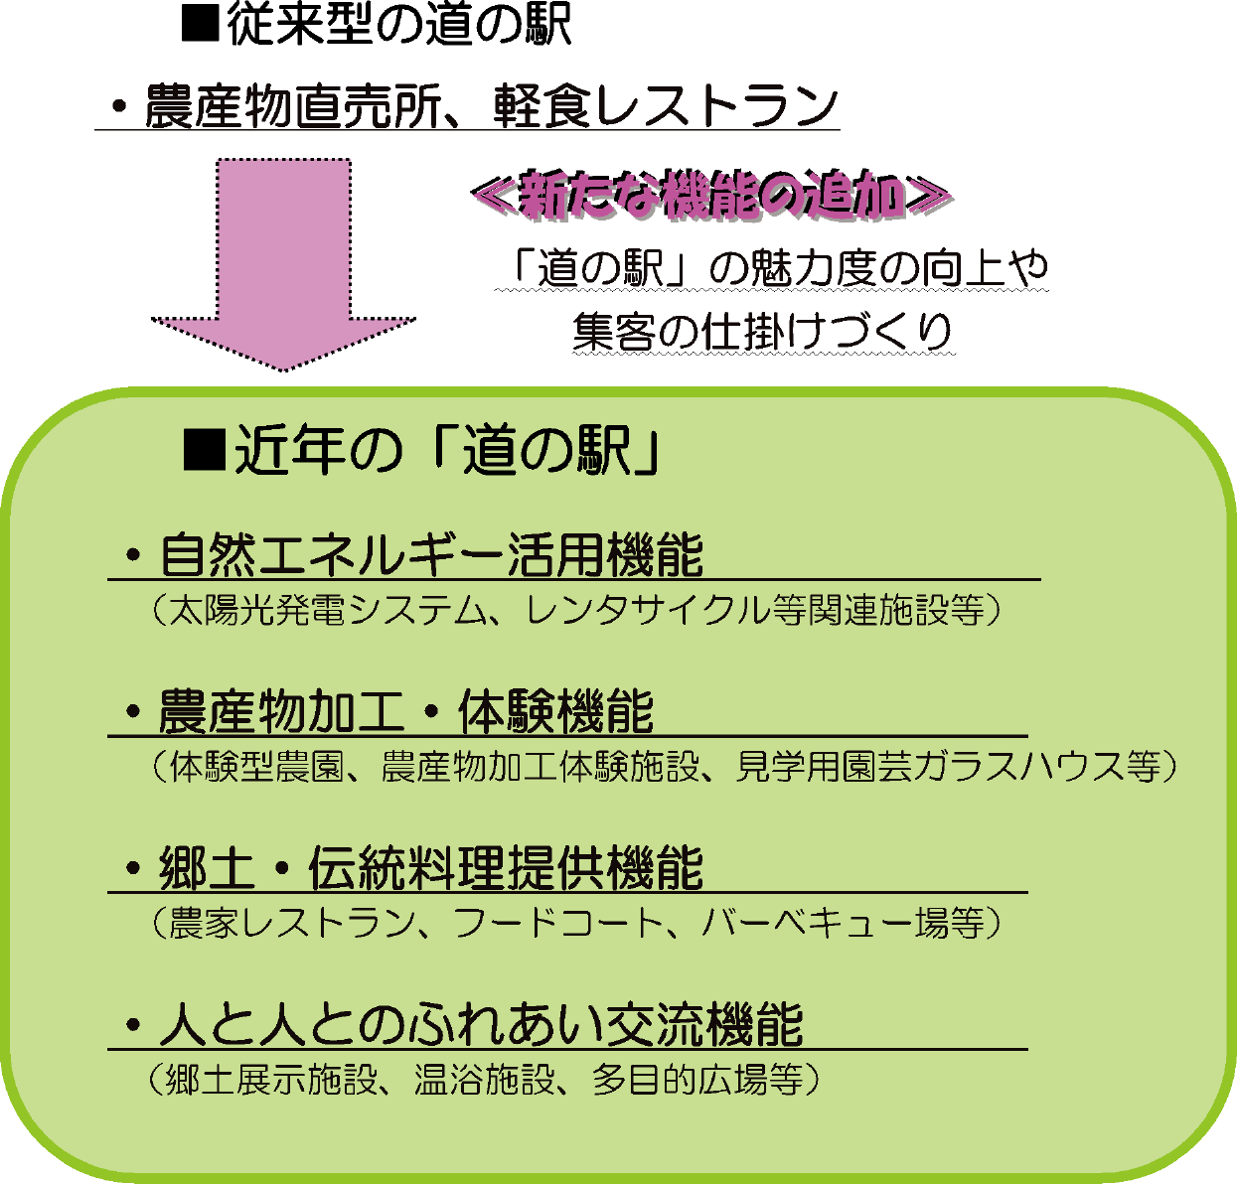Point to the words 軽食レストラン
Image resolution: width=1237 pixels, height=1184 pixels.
point(666,105)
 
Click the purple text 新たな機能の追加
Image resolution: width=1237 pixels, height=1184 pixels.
point(709,195)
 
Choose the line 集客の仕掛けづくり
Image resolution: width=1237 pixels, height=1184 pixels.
point(763,332)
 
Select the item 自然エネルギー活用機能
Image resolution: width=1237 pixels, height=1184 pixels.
point(431,555)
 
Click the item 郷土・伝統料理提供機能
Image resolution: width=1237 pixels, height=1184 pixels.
point(431,868)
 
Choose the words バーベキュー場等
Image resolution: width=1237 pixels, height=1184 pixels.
point(845,923)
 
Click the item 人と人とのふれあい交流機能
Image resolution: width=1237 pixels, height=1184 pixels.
point(481,1025)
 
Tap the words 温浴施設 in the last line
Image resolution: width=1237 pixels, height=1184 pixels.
point(483,1080)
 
